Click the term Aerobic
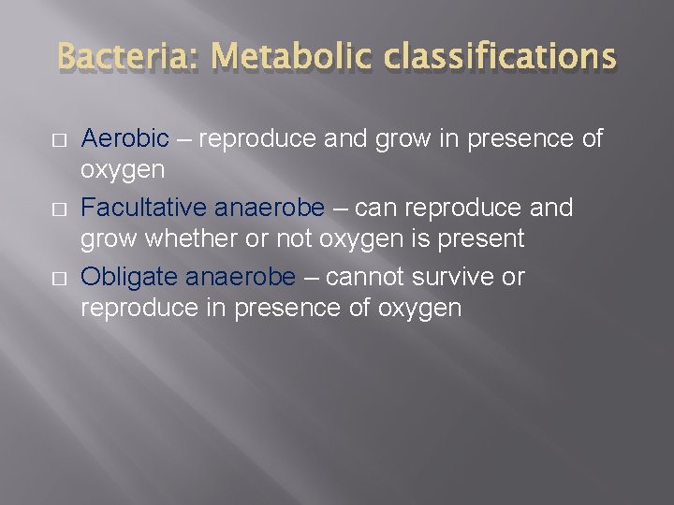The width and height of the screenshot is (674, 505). (x=125, y=139)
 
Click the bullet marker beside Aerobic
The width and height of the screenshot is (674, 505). (x=58, y=141)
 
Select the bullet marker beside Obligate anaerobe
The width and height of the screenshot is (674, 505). (x=58, y=279)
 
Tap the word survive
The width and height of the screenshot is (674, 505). (x=448, y=277)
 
